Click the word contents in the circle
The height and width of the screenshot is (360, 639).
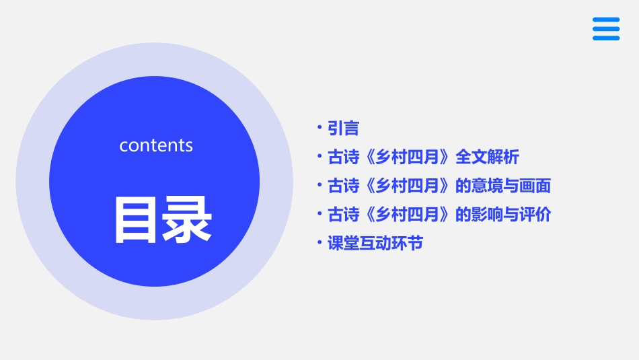click(156, 145)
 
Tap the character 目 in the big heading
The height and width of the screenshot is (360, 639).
click(136, 219)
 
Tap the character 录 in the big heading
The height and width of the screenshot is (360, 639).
click(188, 219)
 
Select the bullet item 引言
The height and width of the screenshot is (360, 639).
click(343, 128)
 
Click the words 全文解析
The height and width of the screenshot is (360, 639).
click(487, 157)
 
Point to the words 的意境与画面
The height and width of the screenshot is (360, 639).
click(503, 186)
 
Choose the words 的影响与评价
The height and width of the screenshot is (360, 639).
click(503, 215)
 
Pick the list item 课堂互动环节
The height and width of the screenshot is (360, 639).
click(375, 244)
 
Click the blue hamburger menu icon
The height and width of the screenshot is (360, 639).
click(606, 29)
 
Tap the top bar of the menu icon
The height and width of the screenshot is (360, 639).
click(606, 20)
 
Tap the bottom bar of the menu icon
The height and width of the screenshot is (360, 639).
click(606, 38)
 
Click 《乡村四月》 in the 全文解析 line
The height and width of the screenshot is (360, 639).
click(408, 157)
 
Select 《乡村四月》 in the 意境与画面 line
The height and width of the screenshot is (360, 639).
click(408, 186)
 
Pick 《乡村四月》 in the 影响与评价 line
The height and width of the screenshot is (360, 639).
click(408, 215)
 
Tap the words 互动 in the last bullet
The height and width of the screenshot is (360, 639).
click(375, 244)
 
